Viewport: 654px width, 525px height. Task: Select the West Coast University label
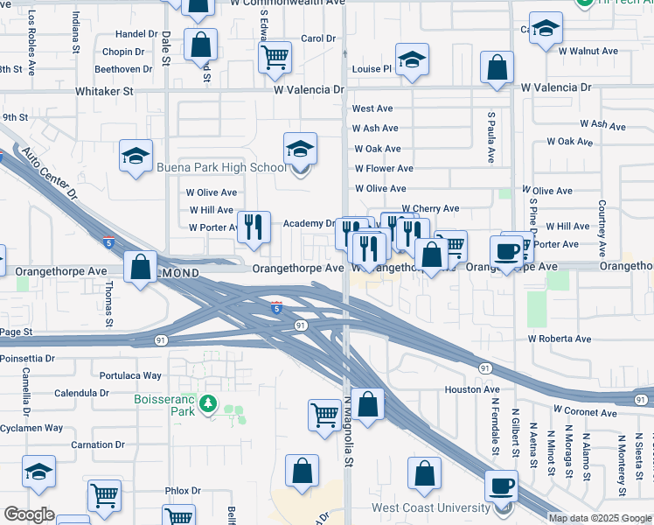pos(430,508)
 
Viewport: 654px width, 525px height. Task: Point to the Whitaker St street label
pos(104,90)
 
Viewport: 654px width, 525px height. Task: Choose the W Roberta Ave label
pos(559,339)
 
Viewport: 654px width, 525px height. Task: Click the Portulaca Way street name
pos(131,375)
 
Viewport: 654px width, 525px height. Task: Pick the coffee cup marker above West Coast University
pos(502,486)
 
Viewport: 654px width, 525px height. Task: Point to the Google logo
pos(29,514)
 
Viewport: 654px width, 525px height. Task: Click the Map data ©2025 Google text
pos(600,518)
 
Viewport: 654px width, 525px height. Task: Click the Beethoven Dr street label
pos(123,69)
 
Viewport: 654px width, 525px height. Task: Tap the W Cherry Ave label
pos(430,209)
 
